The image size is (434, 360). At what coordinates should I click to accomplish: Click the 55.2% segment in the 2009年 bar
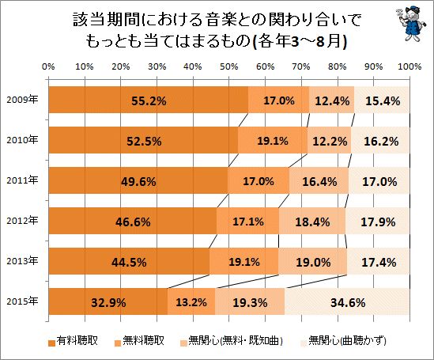coord(148,100)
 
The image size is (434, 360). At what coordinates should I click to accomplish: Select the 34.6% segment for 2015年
coord(346,302)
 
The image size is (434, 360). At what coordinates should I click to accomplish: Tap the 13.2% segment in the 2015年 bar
coord(191,302)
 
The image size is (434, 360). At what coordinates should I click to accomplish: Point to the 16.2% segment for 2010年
coord(380,141)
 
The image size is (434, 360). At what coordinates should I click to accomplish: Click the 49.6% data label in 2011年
coord(138,181)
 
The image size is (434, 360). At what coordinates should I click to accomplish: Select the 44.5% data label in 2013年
coord(129,262)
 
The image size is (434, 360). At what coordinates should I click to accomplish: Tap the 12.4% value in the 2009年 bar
coord(331,100)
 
